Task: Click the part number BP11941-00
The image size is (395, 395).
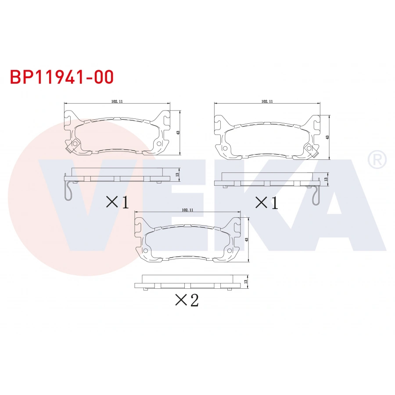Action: pos(61,77)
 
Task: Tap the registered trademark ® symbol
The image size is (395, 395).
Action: pos(377,159)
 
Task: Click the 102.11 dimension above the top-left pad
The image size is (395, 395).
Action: pos(117,101)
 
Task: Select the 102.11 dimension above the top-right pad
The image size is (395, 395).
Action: pos(267,101)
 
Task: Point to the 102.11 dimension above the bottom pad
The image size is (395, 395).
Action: pos(187,210)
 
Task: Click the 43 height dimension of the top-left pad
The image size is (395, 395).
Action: pos(178,132)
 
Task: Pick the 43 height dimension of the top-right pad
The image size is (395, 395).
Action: pos(327,137)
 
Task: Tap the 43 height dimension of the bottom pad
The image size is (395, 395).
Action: pos(247,240)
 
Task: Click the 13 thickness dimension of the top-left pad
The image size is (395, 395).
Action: pos(177,174)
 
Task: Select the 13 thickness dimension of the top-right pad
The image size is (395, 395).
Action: pos(326,179)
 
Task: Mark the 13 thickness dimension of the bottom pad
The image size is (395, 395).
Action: pos(246,281)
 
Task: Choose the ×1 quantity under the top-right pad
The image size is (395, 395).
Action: pos(267,202)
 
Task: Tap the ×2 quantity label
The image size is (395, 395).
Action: pos(187,300)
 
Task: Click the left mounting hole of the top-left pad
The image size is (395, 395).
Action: pos(75,144)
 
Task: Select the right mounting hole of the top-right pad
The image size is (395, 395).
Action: pos(309,148)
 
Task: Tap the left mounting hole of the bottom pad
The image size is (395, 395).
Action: pos(145,251)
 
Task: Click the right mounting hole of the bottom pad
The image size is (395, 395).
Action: pos(230,251)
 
